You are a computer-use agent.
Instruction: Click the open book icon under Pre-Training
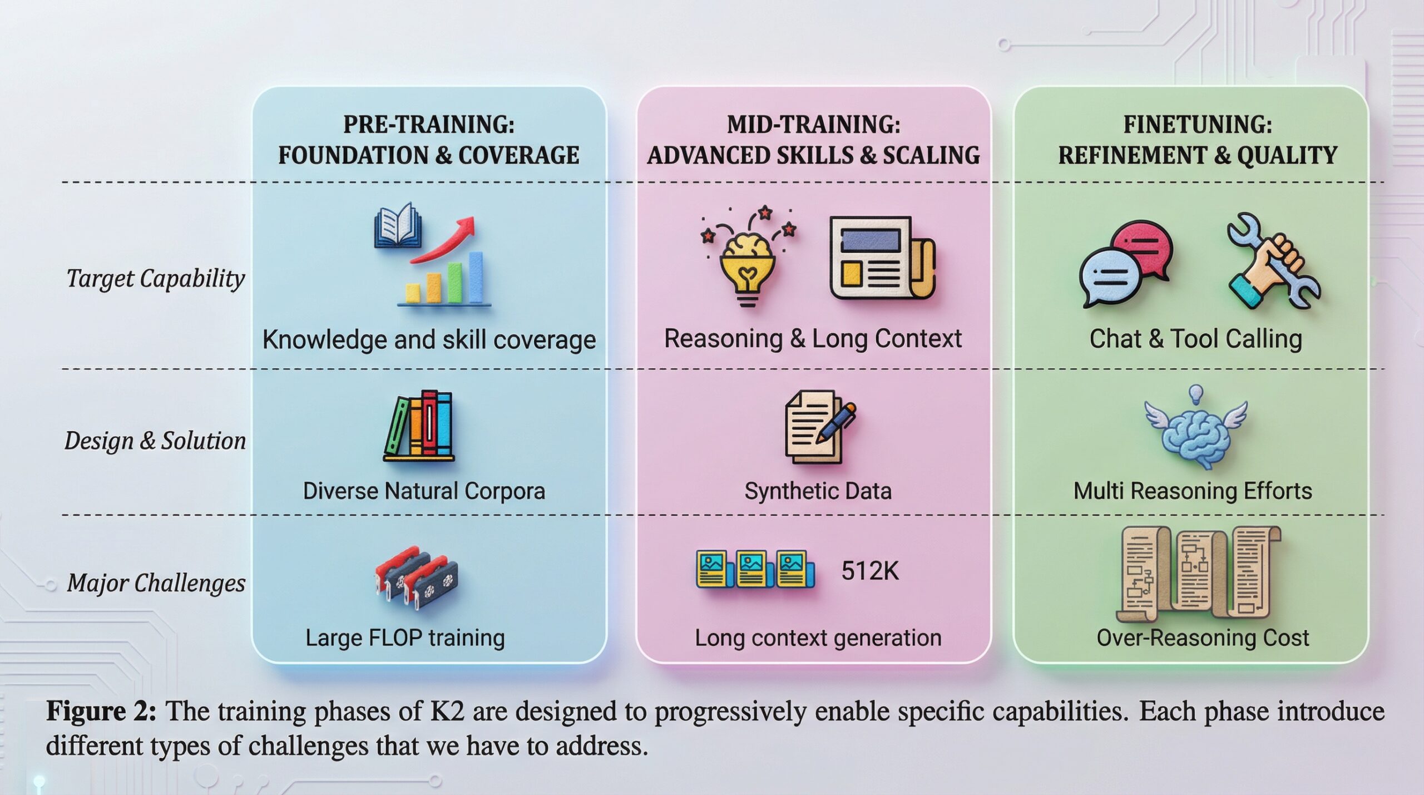point(397,225)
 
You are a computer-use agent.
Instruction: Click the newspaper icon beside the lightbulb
point(882,258)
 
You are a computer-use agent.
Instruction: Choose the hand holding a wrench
point(1274,260)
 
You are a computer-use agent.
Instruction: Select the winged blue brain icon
point(1195,428)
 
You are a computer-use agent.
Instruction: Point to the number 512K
point(870,571)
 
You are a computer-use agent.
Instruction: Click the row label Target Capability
point(156,279)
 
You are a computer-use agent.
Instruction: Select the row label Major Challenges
point(156,583)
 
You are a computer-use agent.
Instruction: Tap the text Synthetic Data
point(818,491)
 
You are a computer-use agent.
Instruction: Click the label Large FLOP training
point(406,638)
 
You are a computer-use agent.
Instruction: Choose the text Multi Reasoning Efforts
point(1193,491)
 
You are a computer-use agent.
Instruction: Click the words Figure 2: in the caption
point(101,711)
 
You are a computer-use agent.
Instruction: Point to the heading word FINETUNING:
point(1198,124)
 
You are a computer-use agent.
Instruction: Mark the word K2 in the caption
point(447,712)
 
